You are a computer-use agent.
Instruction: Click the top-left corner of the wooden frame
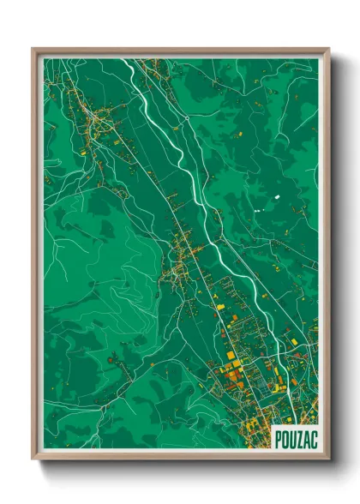[x=33, y=49]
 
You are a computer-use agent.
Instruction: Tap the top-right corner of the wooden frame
[x=327, y=49]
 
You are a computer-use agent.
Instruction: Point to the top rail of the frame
[x=180, y=51]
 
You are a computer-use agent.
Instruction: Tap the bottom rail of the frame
[x=180, y=456]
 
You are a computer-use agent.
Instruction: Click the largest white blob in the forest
[x=278, y=198]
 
